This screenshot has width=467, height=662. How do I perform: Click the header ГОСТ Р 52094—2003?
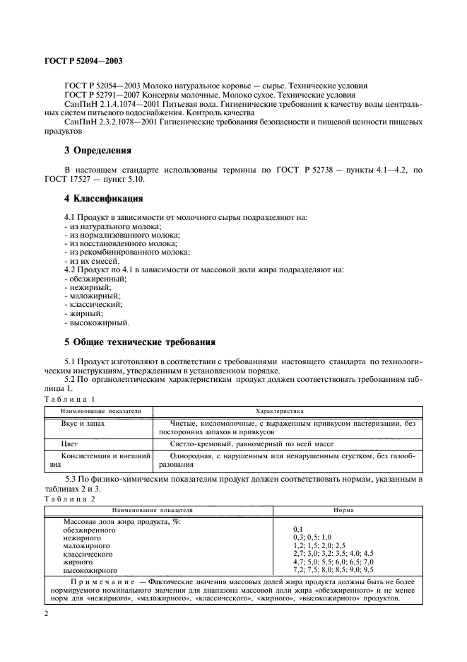[83, 62]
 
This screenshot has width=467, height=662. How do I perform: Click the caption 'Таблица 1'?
[69, 399]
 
